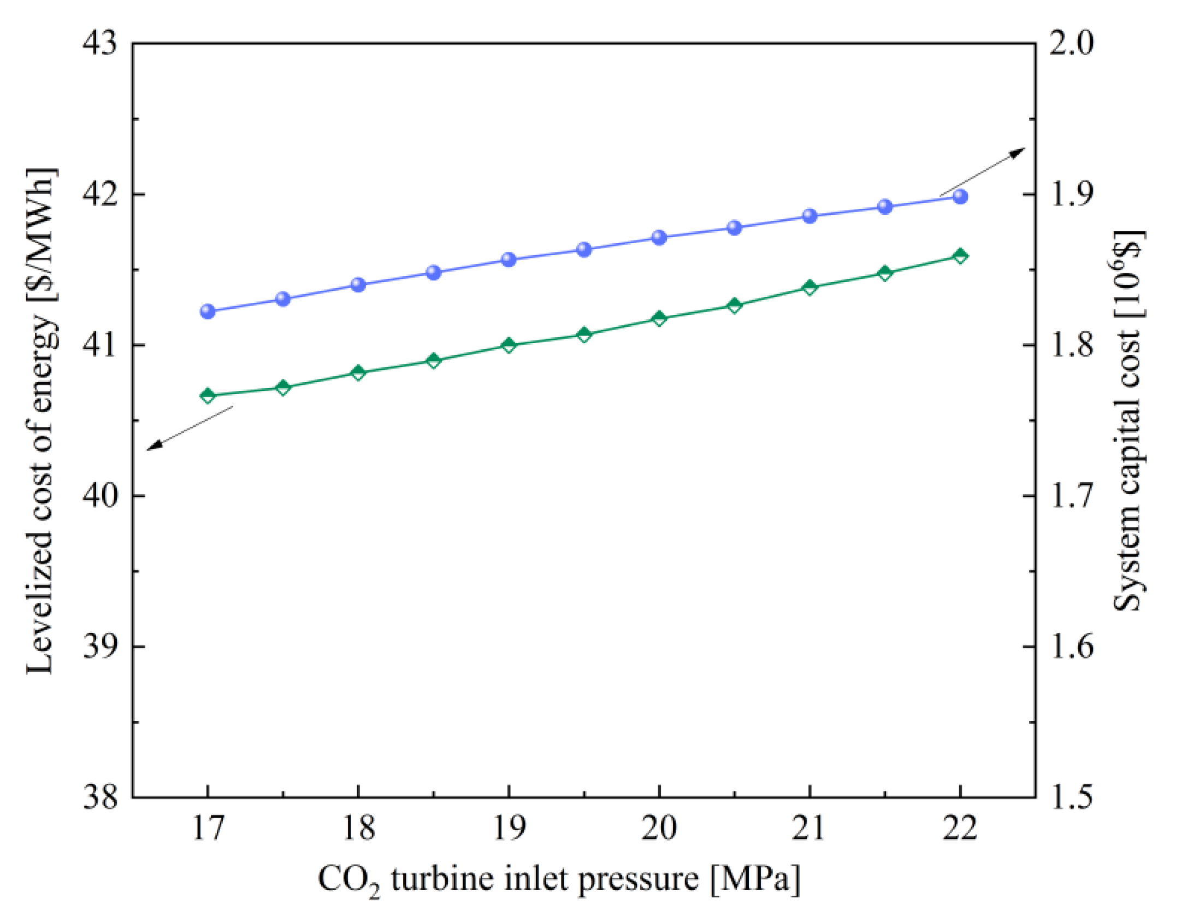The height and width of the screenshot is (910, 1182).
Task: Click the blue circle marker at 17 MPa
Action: (x=208, y=312)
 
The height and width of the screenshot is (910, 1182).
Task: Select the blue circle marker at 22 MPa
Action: (x=960, y=197)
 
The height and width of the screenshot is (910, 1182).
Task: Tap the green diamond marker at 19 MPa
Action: (x=509, y=345)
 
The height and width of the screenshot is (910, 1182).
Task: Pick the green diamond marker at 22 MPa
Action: (x=960, y=256)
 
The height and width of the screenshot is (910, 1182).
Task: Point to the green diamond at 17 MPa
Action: (x=208, y=396)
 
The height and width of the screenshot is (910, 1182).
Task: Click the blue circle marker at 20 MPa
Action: (x=659, y=238)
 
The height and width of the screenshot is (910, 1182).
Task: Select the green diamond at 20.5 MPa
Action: (x=735, y=306)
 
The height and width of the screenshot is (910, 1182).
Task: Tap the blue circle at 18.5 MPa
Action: (x=434, y=273)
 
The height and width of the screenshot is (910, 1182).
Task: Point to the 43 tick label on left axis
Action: (x=100, y=44)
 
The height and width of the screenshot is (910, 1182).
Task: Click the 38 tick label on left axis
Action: (x=100, y=797)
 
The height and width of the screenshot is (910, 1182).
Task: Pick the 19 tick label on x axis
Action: (x=509, y=828)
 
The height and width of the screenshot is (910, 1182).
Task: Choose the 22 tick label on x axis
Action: (x=960, y=828)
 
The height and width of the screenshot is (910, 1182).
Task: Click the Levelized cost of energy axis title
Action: (x=41, y=421)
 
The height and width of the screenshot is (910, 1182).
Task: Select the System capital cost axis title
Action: (x=1128, y=421)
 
